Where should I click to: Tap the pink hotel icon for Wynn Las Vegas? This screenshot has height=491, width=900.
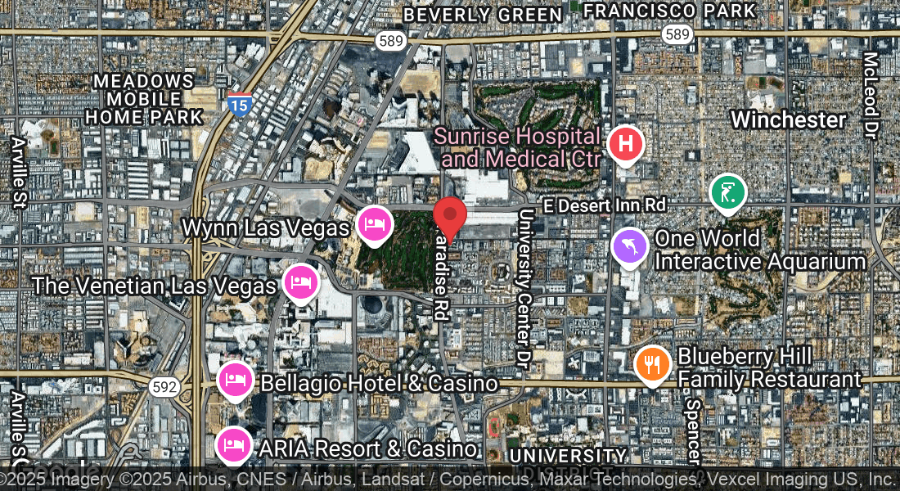[375, 223]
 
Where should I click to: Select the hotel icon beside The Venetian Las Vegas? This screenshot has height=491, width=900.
[300, 282]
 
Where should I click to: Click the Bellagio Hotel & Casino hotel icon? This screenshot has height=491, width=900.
[236, 380]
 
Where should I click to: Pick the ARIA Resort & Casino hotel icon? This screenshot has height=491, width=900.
[234, 445]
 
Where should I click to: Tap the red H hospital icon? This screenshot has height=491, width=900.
[626, 145]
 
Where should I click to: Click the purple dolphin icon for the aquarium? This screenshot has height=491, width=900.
[630, 245]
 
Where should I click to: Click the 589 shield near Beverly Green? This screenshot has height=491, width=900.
[390, 40]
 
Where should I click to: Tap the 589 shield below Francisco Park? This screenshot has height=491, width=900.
[678, 34]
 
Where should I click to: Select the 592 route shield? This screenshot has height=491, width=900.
[164, 387]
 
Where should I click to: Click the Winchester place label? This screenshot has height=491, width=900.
[788, 119]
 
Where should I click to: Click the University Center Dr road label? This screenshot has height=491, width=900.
[524, 286]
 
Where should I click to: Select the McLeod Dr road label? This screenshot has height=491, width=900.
[871, 93]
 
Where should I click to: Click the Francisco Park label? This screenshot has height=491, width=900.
[670, 11]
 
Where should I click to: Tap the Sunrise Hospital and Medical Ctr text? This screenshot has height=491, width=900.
[518, 147]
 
